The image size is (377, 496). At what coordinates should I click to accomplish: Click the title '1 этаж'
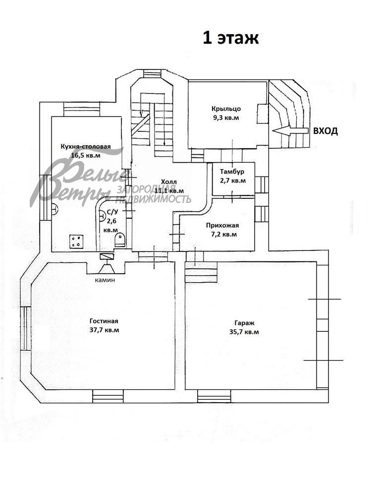[230, 38]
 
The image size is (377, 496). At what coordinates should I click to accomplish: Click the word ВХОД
[325, 131]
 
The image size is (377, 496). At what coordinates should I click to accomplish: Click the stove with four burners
[76, 241]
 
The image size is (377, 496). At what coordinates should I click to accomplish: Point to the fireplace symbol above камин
[107, 264]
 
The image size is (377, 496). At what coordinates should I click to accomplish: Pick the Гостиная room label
[104, 320]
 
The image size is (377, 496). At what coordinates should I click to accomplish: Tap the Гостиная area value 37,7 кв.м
[104, 330]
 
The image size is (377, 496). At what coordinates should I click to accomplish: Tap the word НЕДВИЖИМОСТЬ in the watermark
[153, 199]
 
